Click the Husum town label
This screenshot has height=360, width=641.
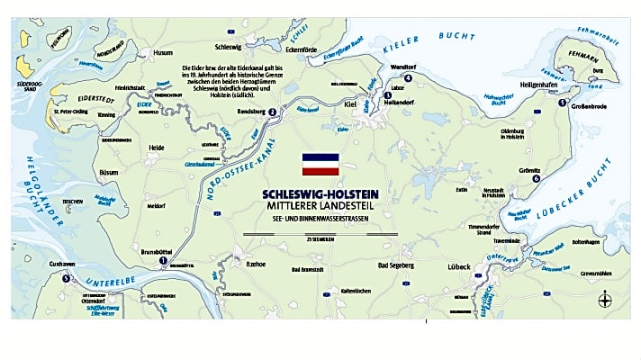[x=163, y=53]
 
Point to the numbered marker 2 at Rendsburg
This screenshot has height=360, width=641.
[x=272, y=112]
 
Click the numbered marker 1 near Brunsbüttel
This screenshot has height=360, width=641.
[x=162, y=262]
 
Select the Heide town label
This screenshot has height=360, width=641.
[x=156, y=147]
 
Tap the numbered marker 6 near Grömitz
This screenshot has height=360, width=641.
[x=536, y=179]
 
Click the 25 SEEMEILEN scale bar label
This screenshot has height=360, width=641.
[x=319, y=239]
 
